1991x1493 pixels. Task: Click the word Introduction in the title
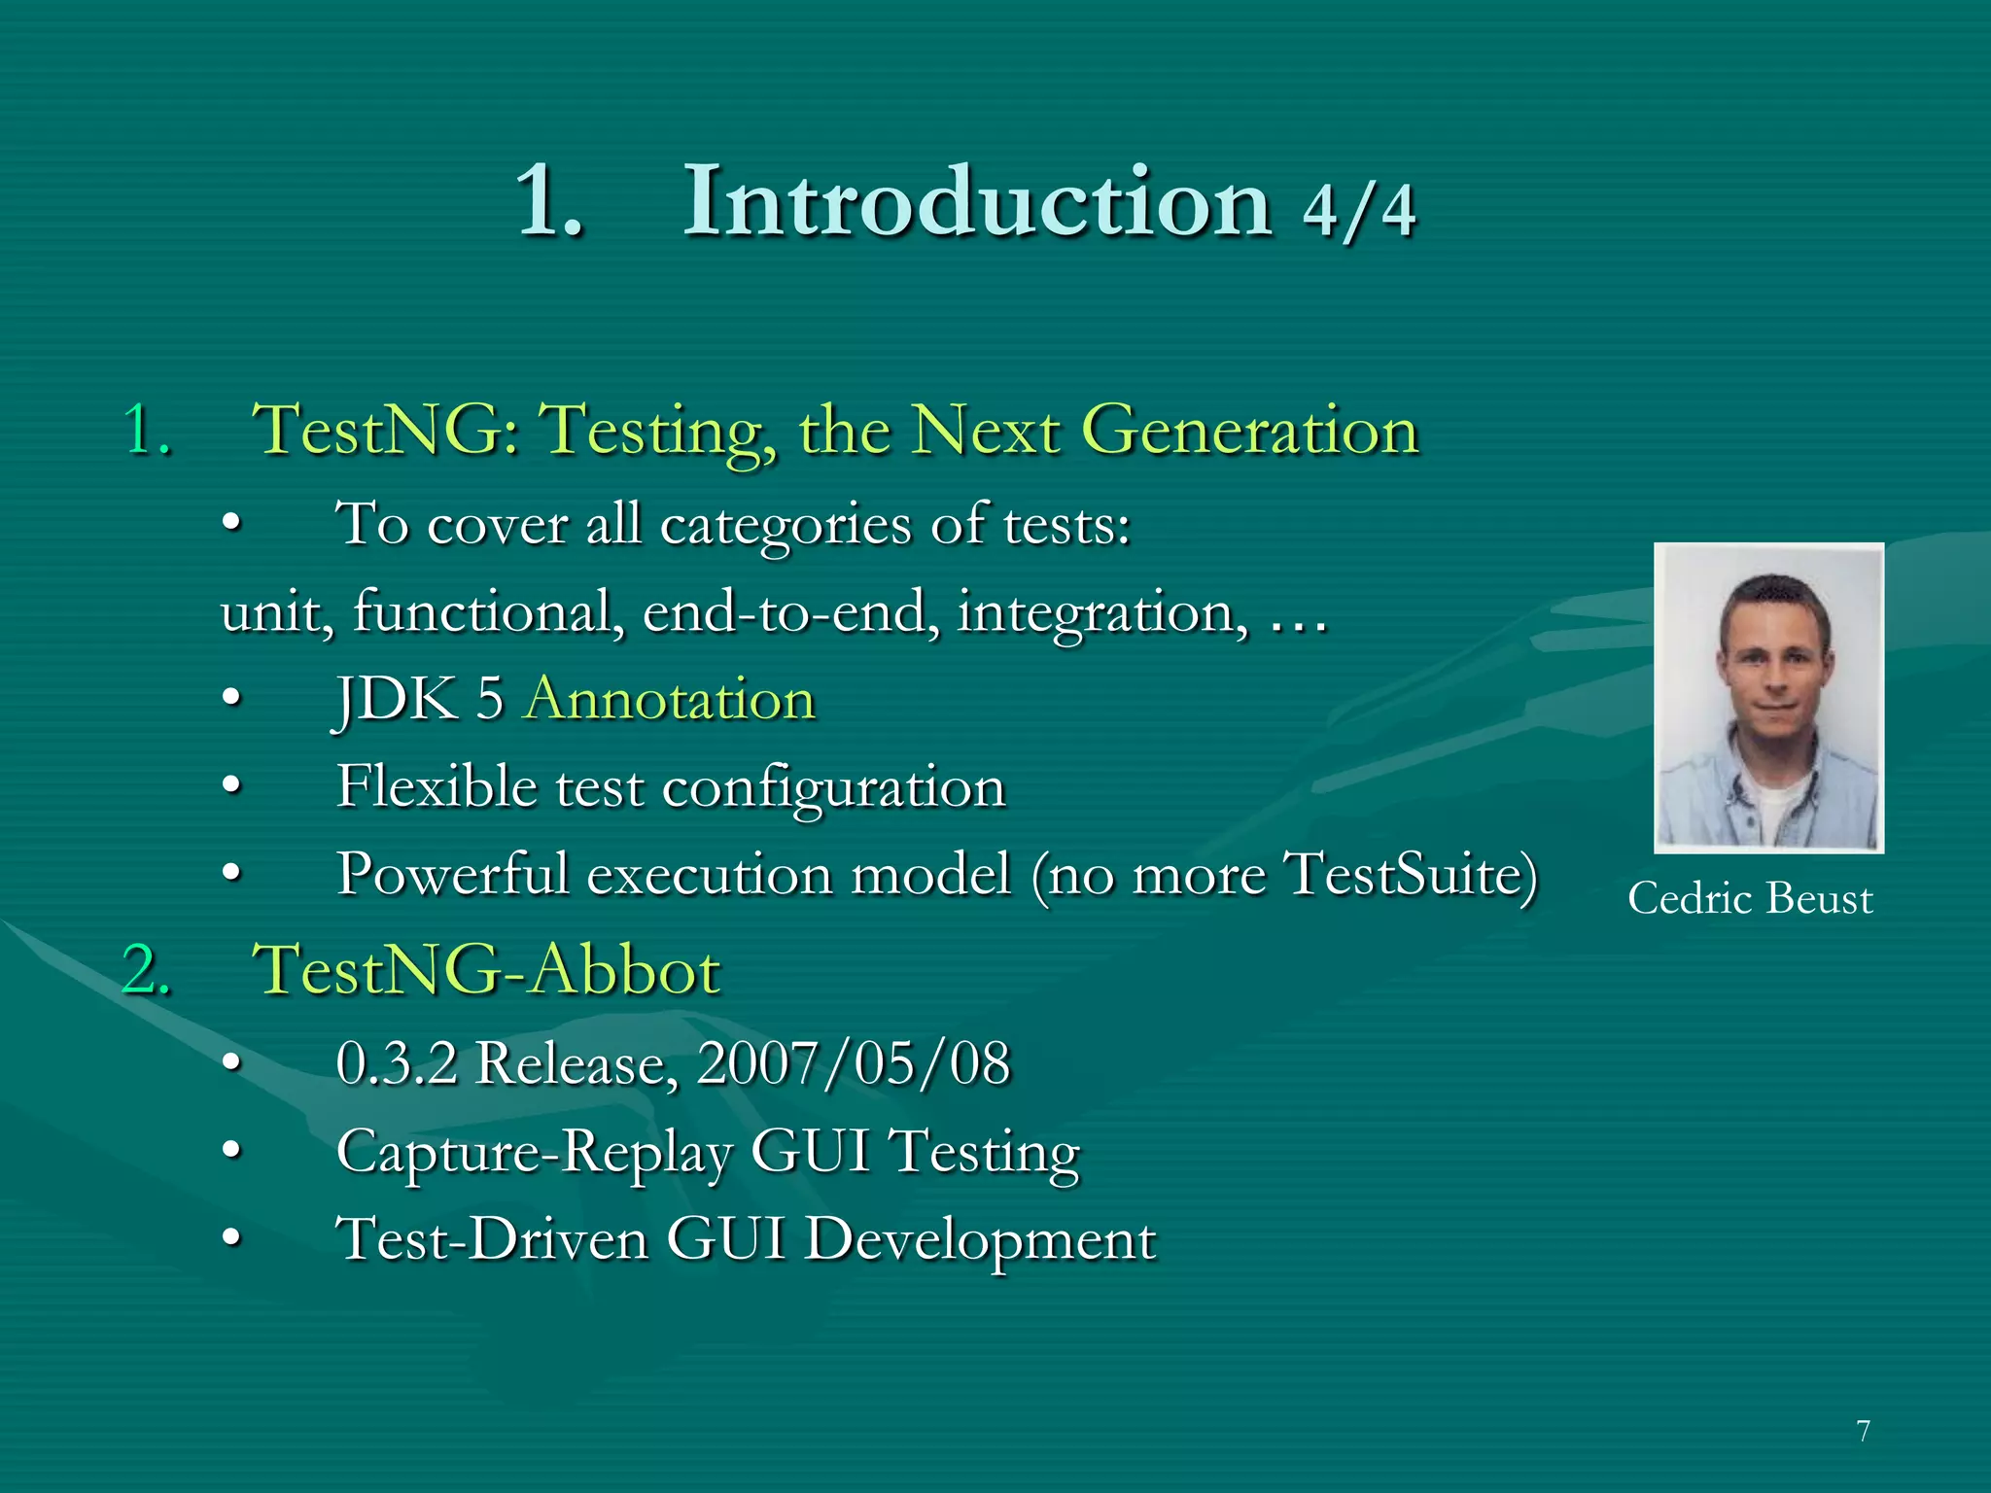[977, 202]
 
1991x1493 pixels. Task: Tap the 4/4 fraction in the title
[1359, 210]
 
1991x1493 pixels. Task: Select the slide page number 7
[1863, 1431]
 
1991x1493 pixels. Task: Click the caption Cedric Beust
[1750, 898]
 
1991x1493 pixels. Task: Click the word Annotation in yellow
[670, 699]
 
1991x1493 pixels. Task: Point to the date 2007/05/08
[854, 1063]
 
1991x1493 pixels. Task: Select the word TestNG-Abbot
[486, 970]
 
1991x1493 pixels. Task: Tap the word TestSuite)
[1411, 874]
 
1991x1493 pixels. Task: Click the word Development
[981, 1240]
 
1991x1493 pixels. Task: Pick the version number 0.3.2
[397, 1063]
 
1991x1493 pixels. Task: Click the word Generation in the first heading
[1250, 431]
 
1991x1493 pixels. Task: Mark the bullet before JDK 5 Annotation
[231, 699]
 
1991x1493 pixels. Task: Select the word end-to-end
[790, 613]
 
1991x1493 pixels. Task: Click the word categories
[786, 526]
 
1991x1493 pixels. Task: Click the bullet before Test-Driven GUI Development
[231, 1239]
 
